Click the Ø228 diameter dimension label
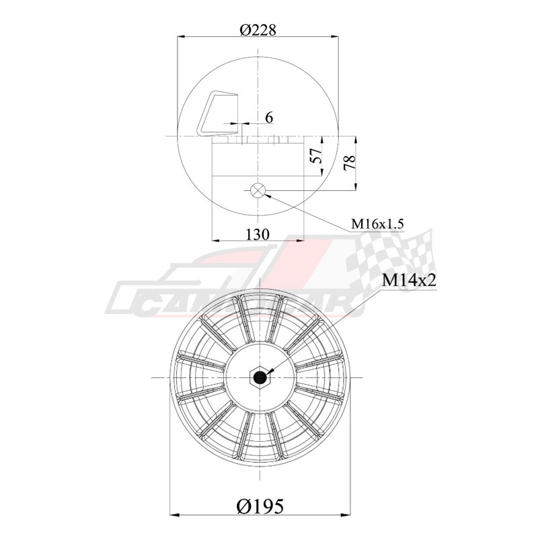(x=258, y=30)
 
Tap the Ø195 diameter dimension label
(x=260, y=504)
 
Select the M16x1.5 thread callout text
(x=377, y=224)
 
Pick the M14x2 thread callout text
(x=410, y=280)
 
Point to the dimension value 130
(x=258, y=234)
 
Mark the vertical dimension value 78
(x=349, y=162)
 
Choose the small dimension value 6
(x=269, y=118)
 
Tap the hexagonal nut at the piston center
(x=259, y=377)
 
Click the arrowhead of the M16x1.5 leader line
(x=267, y=195)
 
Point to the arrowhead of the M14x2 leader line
(x=268, y=371)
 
